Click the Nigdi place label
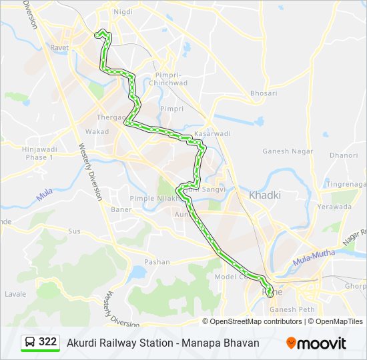[x=123, y=12]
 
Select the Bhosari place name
[x=264, y=93]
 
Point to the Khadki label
[x=265, y=195]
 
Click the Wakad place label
[x=97, y=131]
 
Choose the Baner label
[x=121, y=209]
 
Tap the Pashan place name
[x=157, y=262]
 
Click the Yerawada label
[x=334, y=207]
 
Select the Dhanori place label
[x=344, y=155]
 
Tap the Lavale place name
[x=15, y=293]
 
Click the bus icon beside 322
[x=30, y=342]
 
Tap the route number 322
[x=48, y=342]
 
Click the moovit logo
[x=316, y=343]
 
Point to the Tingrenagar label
[x=346, y=184]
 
